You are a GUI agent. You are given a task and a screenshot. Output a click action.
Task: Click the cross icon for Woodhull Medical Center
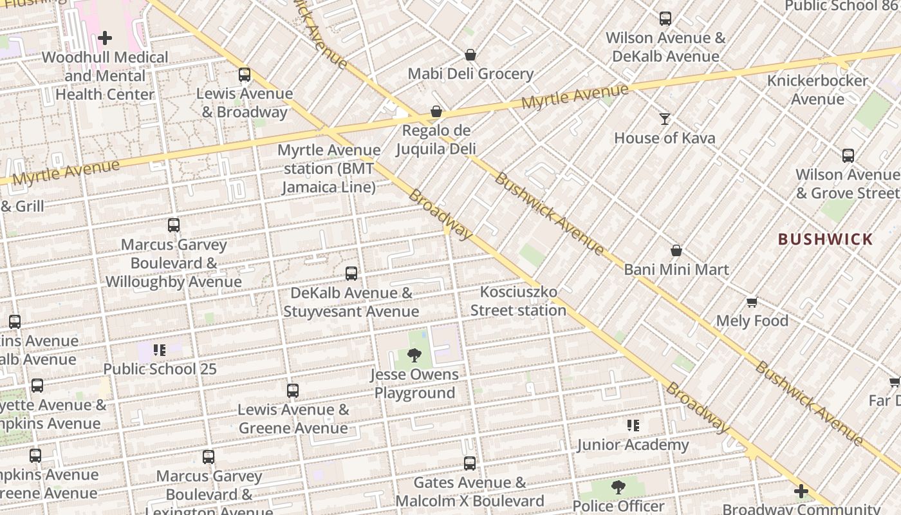click(x=105, y=39)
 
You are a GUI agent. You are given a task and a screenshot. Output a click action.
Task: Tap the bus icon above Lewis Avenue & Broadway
click(x=245, y=75)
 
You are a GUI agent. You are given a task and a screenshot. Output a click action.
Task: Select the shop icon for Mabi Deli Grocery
click(x=470, y=55)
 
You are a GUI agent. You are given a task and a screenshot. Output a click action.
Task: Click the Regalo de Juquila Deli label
click(x=436, y=140)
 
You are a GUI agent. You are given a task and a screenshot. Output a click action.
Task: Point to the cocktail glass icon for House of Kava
click(x=665, y=119)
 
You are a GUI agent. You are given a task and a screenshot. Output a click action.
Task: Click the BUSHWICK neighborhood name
click(x=825, y=239)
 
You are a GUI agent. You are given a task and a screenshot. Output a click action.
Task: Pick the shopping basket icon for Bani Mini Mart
click(x=676, y=250)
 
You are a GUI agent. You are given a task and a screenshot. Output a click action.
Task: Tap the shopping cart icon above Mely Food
click(x=752, y=302)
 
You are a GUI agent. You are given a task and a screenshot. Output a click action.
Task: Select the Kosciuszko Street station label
click(x=518, y=301)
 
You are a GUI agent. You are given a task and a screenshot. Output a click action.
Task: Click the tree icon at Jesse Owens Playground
click(x=415, y=355)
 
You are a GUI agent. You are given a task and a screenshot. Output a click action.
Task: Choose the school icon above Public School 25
click(x=160, y=350)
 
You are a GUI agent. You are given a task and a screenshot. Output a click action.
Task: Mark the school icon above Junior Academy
click(x=633, y=426)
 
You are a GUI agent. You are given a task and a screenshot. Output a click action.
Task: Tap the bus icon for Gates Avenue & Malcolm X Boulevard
click(x=470, y=464)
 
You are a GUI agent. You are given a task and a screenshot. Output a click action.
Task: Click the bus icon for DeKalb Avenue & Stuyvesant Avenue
click(x=351, y=274)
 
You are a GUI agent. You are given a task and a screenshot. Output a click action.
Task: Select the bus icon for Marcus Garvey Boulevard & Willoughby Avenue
click(x=174, y=225)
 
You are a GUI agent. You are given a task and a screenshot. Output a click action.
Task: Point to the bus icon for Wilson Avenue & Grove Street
click(x=848, y=155)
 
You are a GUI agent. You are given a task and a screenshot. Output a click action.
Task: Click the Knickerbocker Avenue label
click(x=817, y=90)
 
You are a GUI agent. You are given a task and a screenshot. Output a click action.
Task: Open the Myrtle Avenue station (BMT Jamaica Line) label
click(x=329, y=169)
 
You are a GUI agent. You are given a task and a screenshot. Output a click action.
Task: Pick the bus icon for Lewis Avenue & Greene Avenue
click(x=293, y=390)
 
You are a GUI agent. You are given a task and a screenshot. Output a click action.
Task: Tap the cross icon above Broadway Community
click(x=801, y=492)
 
